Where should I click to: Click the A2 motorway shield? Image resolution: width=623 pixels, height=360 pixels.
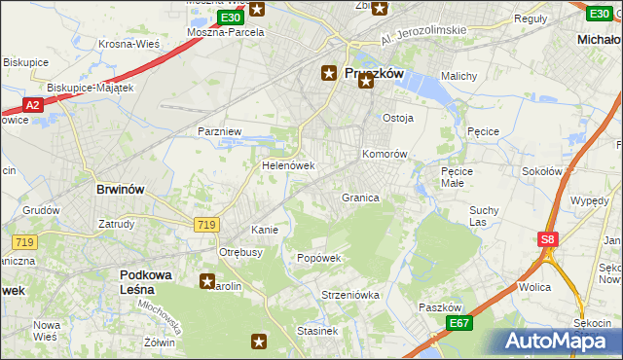pos(32,105)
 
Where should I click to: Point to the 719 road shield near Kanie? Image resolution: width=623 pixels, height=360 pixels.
pos(205,225)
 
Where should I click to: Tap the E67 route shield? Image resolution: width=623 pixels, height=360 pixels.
pos(459,323)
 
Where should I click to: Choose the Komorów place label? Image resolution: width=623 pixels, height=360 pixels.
pos(384,154)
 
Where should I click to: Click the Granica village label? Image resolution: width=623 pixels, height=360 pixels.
pos(359,198)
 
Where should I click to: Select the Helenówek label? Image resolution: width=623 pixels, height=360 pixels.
pos(288,165)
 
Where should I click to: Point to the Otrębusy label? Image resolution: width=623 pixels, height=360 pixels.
pos(241,252)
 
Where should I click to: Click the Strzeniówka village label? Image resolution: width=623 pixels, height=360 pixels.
pos(343,294)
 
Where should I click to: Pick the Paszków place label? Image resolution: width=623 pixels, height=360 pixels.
pos(438,307)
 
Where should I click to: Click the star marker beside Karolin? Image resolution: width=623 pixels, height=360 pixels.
pos(207,282)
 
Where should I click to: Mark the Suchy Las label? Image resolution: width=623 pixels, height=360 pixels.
pos(484,216)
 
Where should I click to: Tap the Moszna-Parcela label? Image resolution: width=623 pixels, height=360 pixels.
pos(226,32)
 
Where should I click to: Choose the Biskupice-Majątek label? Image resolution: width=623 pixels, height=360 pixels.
pos(90,88)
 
